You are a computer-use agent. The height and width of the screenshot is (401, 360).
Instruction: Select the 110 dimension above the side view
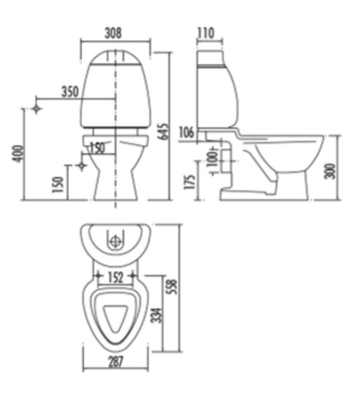(x=206, y=32)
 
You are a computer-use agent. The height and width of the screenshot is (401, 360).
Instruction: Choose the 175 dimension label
(x=190, y=181)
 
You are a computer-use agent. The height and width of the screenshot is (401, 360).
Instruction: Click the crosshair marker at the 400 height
(x=37, y=109)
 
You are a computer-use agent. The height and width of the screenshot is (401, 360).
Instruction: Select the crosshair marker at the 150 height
(x=80, y=166)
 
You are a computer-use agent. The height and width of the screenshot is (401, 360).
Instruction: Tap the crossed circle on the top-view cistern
(x=116, y=240)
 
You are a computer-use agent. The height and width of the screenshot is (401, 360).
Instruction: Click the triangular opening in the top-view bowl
(x=115, y=317)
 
